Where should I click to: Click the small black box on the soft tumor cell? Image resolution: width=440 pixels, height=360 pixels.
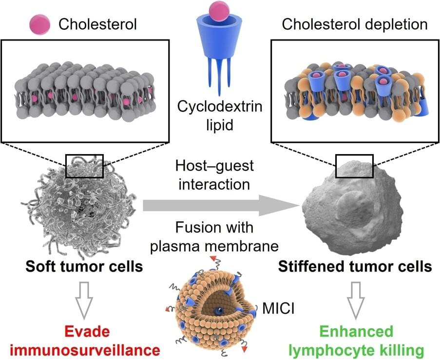84,166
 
